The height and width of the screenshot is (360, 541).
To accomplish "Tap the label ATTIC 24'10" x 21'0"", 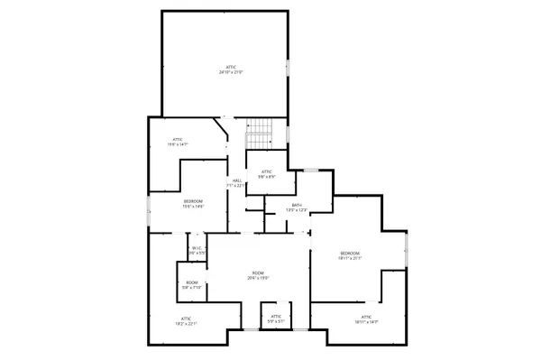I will coord(225,69).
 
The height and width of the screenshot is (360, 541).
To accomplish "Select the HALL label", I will coord(237,183).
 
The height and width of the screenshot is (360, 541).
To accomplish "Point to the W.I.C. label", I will coord(197,251).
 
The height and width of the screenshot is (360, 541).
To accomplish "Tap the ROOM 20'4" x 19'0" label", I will coord(258,276).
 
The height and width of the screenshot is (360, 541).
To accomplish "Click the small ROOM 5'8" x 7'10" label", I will coord(192,286).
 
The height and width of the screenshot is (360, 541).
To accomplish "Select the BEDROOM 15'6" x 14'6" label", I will coord(193,203).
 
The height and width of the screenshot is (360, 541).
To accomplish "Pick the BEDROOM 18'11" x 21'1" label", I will coord(350,256).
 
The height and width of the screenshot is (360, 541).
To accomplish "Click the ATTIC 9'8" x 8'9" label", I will coord(267,174).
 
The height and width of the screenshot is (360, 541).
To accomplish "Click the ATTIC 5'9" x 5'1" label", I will coord(273,318).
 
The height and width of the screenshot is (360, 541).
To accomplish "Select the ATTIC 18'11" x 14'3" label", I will coord(366,318).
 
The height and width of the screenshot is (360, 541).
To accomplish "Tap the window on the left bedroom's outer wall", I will coord(150,213).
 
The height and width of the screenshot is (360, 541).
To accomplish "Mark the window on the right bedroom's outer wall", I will coord(409,249).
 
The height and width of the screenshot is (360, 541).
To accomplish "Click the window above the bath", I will coord(310,170).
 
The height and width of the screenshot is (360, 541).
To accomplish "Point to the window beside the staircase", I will coord(288,134).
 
